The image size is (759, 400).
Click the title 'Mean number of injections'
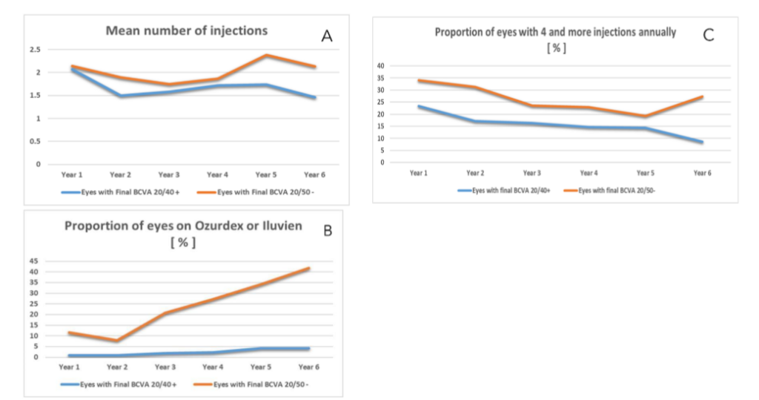(x=186, y=30)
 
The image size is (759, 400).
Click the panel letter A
(x=327, y=36)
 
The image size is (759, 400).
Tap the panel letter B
(x=328, y=231)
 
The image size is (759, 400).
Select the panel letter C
(x=708, y=35)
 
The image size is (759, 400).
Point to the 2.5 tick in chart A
(x=35, y=50)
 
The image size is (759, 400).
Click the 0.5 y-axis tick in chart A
(x=35, y=141)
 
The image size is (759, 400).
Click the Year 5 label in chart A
(x=266, y=174)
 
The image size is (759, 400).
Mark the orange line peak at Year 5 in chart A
(x=266, y=55)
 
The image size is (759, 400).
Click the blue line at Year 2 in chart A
(x=120, y=96)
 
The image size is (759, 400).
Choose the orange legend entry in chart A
(x=256, y=192)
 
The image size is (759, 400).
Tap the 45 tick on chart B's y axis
(x=34, y=260)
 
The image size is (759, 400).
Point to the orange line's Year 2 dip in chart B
(x=117, y=341)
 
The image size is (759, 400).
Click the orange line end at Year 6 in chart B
(x=309, y=268)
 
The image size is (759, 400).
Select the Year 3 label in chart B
(x=165, y=367)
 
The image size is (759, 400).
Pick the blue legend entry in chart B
(x=119, y=384)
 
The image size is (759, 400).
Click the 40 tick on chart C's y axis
(x=380, y=65)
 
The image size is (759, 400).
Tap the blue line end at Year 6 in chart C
(x=702, y=142)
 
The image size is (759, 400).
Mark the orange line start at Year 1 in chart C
(x=419, y=80)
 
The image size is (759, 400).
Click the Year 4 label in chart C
(x=589, y=173)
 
